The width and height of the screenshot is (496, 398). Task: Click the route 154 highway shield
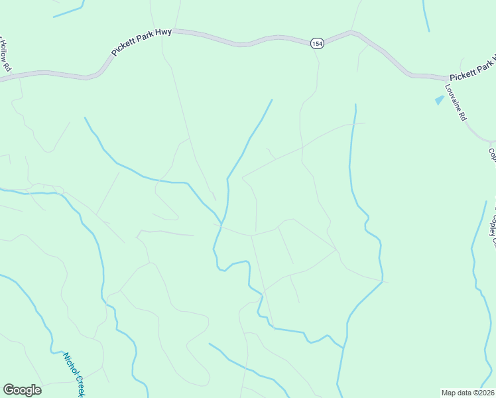coord(316,43)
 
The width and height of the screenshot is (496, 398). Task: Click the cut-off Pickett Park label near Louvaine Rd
coord(472,69)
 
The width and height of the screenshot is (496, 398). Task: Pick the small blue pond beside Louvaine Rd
coord(438,100)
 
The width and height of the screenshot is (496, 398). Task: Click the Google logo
coord(22,390)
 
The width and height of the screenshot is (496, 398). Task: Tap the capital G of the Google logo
coord(9,390)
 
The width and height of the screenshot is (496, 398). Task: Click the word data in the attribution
coord(465,393)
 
